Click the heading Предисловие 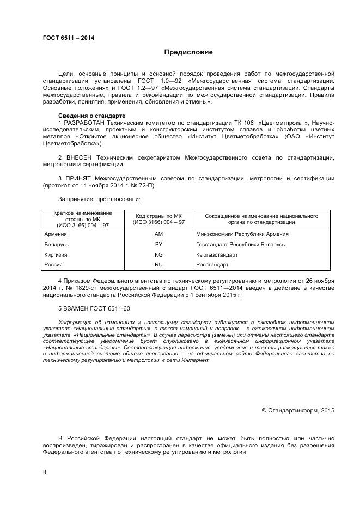pos(188,52)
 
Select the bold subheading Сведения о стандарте pos(91,116)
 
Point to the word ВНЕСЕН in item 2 pos(81,158)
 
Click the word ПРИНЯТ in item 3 pos(80,179)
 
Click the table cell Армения pos(56,234)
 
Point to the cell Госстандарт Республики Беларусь pos(240,244)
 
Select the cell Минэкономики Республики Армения pos(242,234)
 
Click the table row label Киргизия pos(56,254)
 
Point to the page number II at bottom pos(45,472)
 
